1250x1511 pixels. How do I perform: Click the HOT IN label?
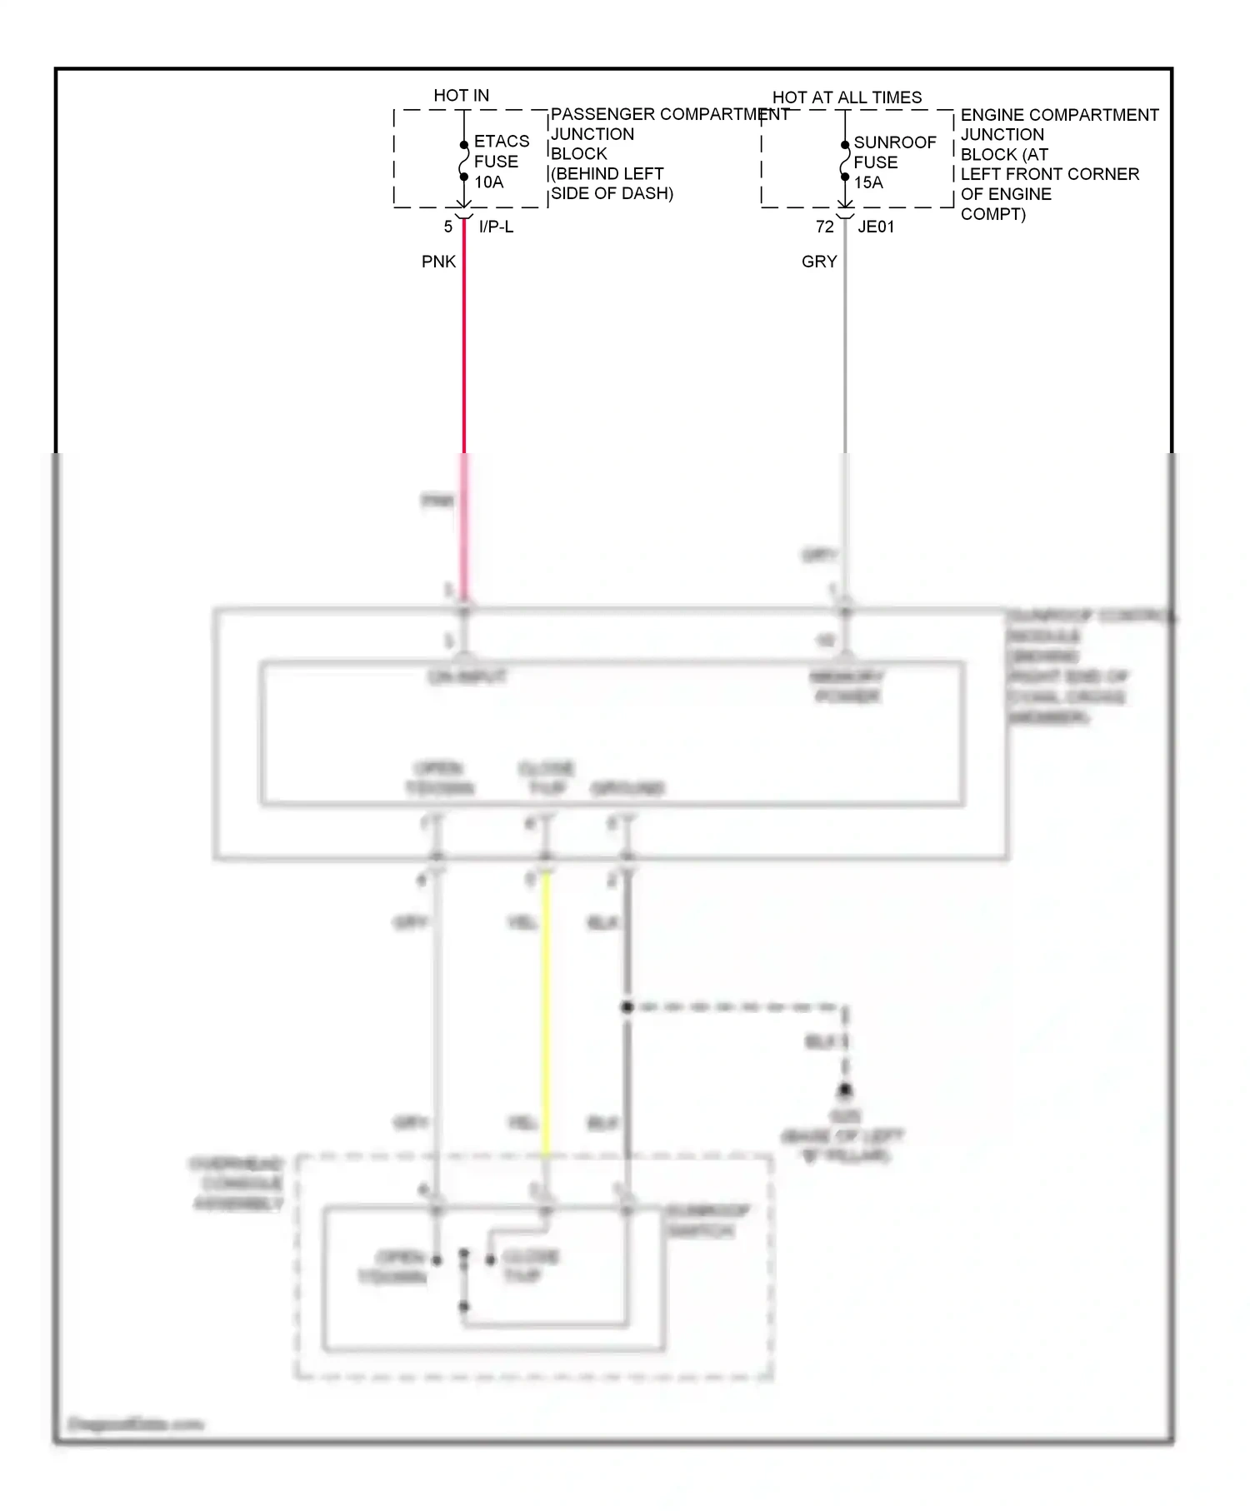461,96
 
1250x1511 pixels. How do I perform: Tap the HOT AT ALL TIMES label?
847,97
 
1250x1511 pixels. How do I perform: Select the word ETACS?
502,142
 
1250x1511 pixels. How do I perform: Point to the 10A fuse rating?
489,182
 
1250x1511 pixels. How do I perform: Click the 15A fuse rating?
868,182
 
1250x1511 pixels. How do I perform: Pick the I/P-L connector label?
496,227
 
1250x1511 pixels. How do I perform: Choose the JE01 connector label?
876,227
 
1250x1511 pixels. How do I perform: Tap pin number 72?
824,227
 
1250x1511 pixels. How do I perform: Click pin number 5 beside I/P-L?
448,227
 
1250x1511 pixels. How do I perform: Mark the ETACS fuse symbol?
464,161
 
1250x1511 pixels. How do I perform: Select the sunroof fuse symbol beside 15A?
845,161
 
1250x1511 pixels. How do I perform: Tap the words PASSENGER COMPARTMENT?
670,114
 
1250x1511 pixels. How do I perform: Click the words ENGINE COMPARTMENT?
1059,115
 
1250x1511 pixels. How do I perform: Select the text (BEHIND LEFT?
607,174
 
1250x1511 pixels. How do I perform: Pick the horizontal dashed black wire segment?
733,1007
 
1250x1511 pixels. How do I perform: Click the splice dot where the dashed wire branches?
627,1007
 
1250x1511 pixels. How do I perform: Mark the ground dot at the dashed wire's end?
845,1090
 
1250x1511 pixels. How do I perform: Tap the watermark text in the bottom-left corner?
136,1424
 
